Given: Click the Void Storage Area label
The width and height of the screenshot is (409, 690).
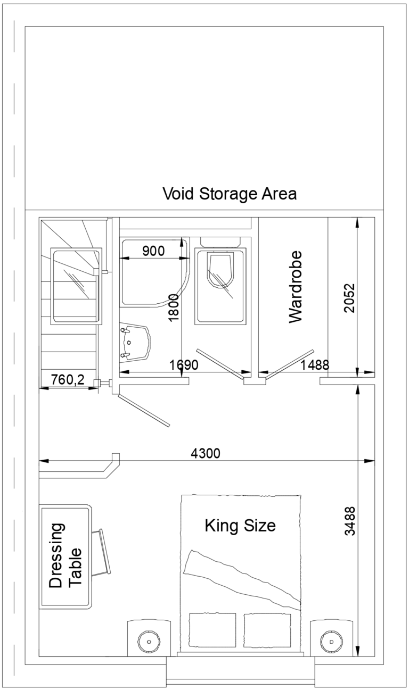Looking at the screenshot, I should pos(229,193).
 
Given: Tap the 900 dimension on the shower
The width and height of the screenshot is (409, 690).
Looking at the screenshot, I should pos(153,251).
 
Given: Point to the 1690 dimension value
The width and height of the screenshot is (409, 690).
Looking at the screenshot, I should pos(184,365).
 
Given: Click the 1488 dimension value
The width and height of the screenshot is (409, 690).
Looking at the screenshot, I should pos(314,365).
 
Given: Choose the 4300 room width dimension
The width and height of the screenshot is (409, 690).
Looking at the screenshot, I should pos(206,453).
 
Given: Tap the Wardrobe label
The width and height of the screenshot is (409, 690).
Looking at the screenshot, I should pos(295,287).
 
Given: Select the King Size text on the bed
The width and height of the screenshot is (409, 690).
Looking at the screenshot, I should pos(240,526).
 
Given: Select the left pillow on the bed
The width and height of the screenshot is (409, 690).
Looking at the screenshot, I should pos(212,630).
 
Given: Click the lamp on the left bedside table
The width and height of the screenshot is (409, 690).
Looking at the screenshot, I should pos(149,642).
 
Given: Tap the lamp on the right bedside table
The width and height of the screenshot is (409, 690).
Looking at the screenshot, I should pos(331,642).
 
